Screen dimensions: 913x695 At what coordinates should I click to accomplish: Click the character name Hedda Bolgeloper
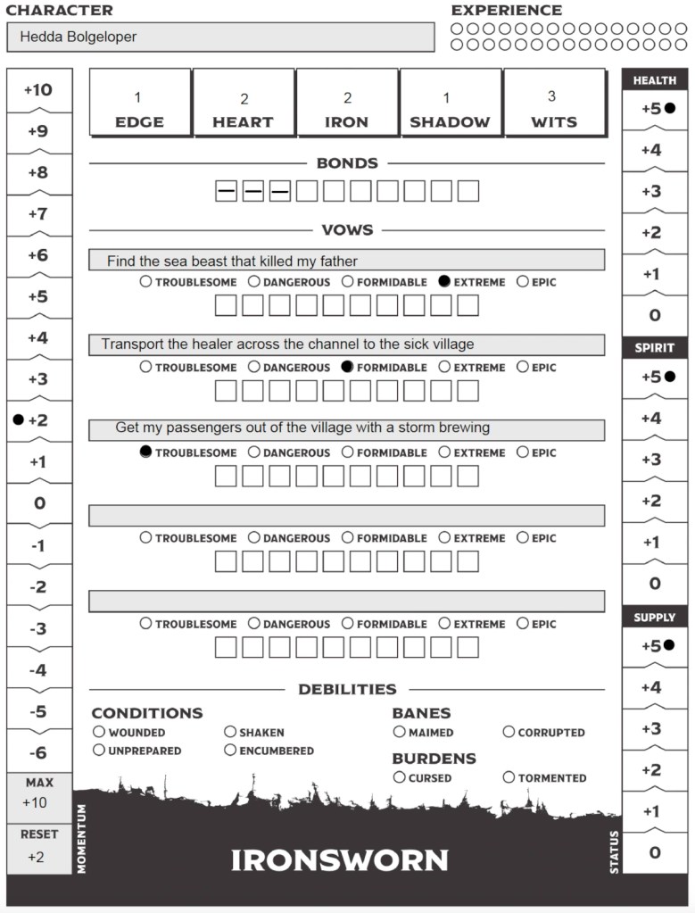pos(78,37)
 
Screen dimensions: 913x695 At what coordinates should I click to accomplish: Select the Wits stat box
pos(553,103)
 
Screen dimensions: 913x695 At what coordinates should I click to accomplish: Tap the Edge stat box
pos(139,103)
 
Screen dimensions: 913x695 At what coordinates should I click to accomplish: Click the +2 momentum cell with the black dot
pos(38,419)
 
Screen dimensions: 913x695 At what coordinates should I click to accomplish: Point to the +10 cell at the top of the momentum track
pos(38,89)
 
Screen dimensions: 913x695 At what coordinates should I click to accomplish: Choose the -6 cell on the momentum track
pos(38,752)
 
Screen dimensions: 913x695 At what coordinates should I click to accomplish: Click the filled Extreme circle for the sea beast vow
pos(444,282)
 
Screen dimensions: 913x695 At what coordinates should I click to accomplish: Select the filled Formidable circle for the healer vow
pos(348,367)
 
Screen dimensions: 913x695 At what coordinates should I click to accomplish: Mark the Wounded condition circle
pos(99,732)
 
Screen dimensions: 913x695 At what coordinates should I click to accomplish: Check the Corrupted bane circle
pos(509,732)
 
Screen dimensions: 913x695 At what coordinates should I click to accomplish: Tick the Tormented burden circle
pos(509,777)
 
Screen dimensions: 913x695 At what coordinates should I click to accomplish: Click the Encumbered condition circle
pos(230,751)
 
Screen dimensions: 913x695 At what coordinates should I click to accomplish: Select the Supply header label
pos(655,617)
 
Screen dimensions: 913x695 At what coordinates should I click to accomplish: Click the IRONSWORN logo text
pos(340,860)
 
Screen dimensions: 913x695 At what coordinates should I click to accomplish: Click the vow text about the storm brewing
pos(302,427)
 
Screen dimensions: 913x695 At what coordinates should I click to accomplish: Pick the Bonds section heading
pos(347,163)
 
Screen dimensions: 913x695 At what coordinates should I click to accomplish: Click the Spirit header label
pos(655,347)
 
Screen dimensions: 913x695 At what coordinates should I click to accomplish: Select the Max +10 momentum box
pos(38,793)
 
